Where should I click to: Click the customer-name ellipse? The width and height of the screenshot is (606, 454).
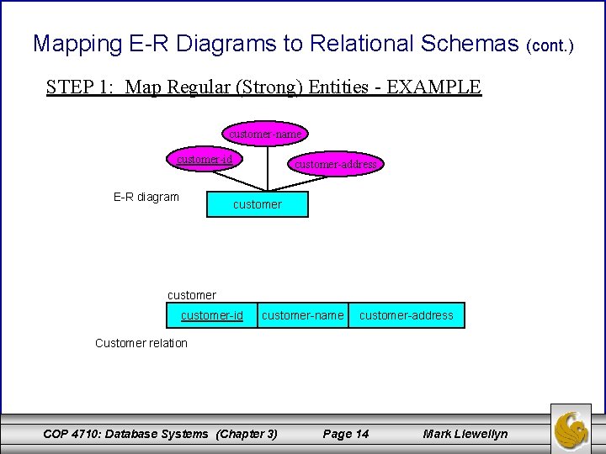[x=265, y=133]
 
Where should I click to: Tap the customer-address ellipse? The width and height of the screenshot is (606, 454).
[x=335, y=164]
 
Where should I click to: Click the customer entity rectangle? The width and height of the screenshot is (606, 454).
[x=258, y=203]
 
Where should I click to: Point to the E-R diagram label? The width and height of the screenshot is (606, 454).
[x=146, y=197]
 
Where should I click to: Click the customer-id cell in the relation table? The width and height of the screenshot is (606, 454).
[x=211, y=315]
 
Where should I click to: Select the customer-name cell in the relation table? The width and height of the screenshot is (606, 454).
[x=303, y=315]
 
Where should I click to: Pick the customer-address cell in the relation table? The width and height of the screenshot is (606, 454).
[x=407, y=315]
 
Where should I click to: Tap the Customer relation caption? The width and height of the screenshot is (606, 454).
[x=141, y=343]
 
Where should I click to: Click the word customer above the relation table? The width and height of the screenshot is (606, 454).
[x=192, y=295]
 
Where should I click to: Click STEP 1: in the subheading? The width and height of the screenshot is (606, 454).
[x=81, y=87]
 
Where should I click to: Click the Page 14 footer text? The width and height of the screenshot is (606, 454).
[x=346, y=434]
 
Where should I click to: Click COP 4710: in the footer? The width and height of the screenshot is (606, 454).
[x=75, y=434]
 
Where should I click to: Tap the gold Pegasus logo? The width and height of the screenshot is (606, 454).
[x=576, y=426]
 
